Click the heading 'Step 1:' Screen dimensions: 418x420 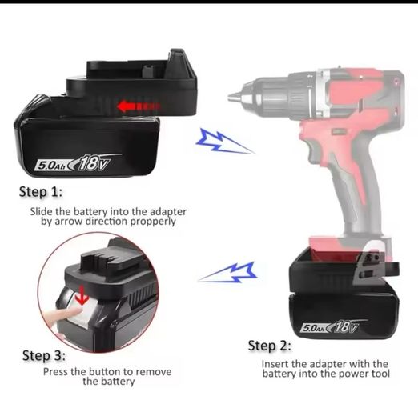pyautogui.click(x=41, y=192)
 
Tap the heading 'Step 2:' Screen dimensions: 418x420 pyautogui.click(x=270, y=346)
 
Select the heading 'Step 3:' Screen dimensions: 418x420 pyautogui.click(x=44, y=356)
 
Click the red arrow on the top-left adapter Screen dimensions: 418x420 pyautogui.click(x=139, y=106)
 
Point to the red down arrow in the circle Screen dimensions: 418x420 pyautogui.click(x=82, y=295)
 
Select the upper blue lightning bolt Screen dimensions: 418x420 pyautogui.click(x=224, y=142)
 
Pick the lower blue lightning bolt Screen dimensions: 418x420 pyautogui.click(x=228, y=272)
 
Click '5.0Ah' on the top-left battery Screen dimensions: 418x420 pyautogui.click(x=51, y=166)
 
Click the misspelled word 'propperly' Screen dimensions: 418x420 pyautogui.click(x=153, y=222)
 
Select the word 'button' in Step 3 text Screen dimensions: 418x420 pyautogui.click(x=104, y=372)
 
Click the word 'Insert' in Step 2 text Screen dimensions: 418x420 pyautogui.click(x=275, y=365)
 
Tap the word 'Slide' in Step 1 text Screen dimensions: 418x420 pyautogui.click(x=42, y=212)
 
